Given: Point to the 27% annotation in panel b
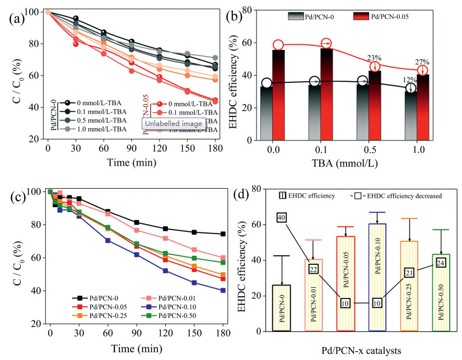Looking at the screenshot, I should click(x=422, y=62).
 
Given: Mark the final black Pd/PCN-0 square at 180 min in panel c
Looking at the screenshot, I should click(x=223, y=234).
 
